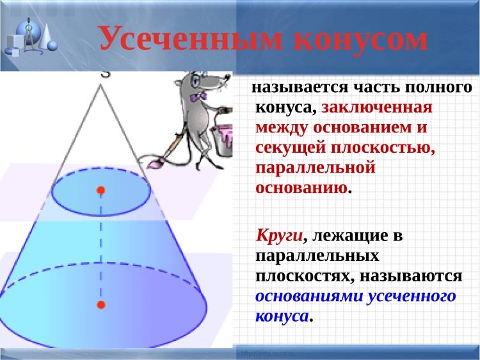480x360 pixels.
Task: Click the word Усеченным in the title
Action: (x=191, y=38)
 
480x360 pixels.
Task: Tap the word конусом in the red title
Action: (x=361, y=40)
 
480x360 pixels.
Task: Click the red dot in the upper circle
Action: (x=100, y=191)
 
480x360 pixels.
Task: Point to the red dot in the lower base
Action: (x=101, y=304)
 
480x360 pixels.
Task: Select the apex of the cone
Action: (x=100, y=84)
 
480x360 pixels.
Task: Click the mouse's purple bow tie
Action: (x=198, y=97)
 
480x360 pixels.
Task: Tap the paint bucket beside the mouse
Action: (x=223, y=140)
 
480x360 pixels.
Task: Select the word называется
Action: (x=300, y=88)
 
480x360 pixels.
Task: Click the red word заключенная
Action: (x=377, y=107)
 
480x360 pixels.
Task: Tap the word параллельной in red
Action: (x=316, y=168)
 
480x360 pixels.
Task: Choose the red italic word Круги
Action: (x=280, y=236)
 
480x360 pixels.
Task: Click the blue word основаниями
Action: (x=309, y=296)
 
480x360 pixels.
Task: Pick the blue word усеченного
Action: (x=412, y=296)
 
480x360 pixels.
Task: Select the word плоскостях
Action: (x=302, y=276)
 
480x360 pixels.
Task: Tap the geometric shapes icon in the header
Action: (x=31, y=37)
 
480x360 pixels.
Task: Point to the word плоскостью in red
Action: (x=383, y=148)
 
